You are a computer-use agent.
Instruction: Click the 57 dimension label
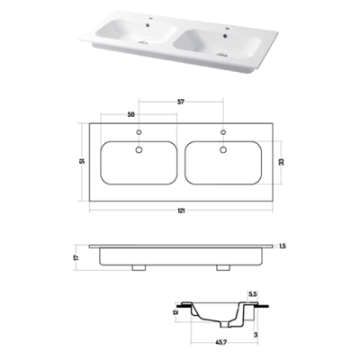tap(181, 102)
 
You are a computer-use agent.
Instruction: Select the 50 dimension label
tap(130, 114)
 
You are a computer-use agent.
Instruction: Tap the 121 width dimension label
tap(181, 211)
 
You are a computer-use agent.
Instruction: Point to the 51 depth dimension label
tap(83, 161)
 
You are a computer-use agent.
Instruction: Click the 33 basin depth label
tap(281, 162)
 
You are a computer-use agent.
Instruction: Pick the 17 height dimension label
tap(76, 257)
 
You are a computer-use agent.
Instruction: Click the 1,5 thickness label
tap(283, 247)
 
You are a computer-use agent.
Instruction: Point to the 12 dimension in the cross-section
tap(175, 312)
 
